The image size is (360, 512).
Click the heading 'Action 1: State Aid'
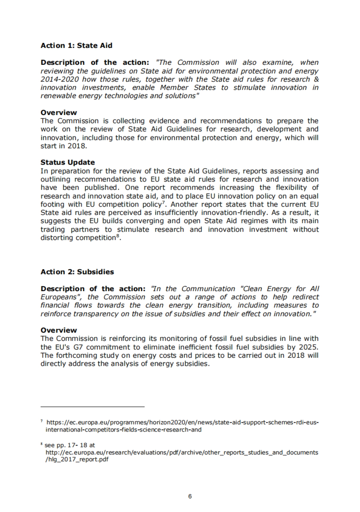point(76,46)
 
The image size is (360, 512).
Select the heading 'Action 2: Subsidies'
point(77,272)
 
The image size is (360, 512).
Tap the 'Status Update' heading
point(68,162)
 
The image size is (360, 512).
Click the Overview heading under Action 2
point(59,330)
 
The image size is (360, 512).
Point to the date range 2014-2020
point(60,79)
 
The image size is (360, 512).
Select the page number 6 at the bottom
point(190,496)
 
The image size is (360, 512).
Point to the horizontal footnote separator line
point(92,407)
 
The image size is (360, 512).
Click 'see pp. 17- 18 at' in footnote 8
point(70,445)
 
